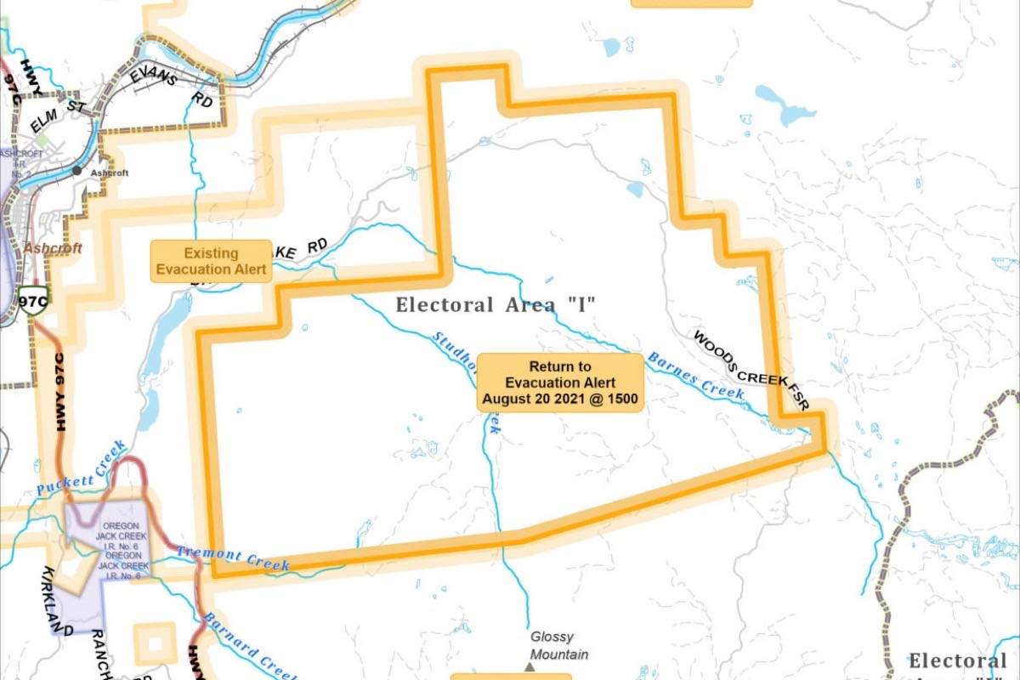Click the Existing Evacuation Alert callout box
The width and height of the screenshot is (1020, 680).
[211, 261]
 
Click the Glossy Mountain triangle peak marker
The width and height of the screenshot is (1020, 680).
[530, 667]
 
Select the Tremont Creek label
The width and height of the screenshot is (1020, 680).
[233, 558]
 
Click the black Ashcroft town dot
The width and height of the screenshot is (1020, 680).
[77, 171]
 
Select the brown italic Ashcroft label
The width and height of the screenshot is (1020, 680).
[52, 248]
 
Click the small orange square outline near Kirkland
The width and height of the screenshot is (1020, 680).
[156, 643]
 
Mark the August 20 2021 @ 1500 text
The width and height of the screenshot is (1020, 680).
[559, 398]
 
